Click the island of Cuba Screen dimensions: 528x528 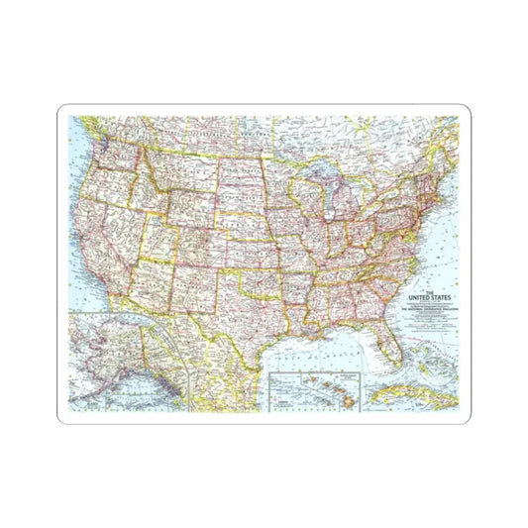tap(416, 395)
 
